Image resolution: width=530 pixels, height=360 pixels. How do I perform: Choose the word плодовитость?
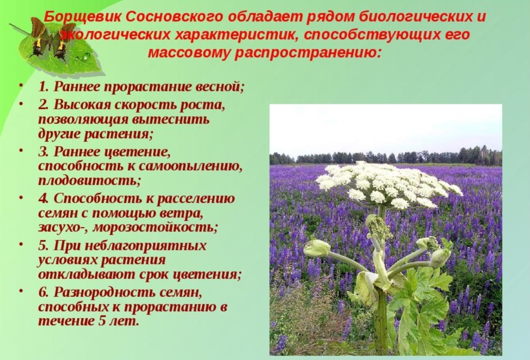pos(89,181)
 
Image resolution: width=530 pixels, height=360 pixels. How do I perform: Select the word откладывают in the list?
pos(81,274)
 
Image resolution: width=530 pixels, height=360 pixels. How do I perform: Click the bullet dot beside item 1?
pos(21,84)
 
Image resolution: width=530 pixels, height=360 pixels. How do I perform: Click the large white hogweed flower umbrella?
pos(389,184)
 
